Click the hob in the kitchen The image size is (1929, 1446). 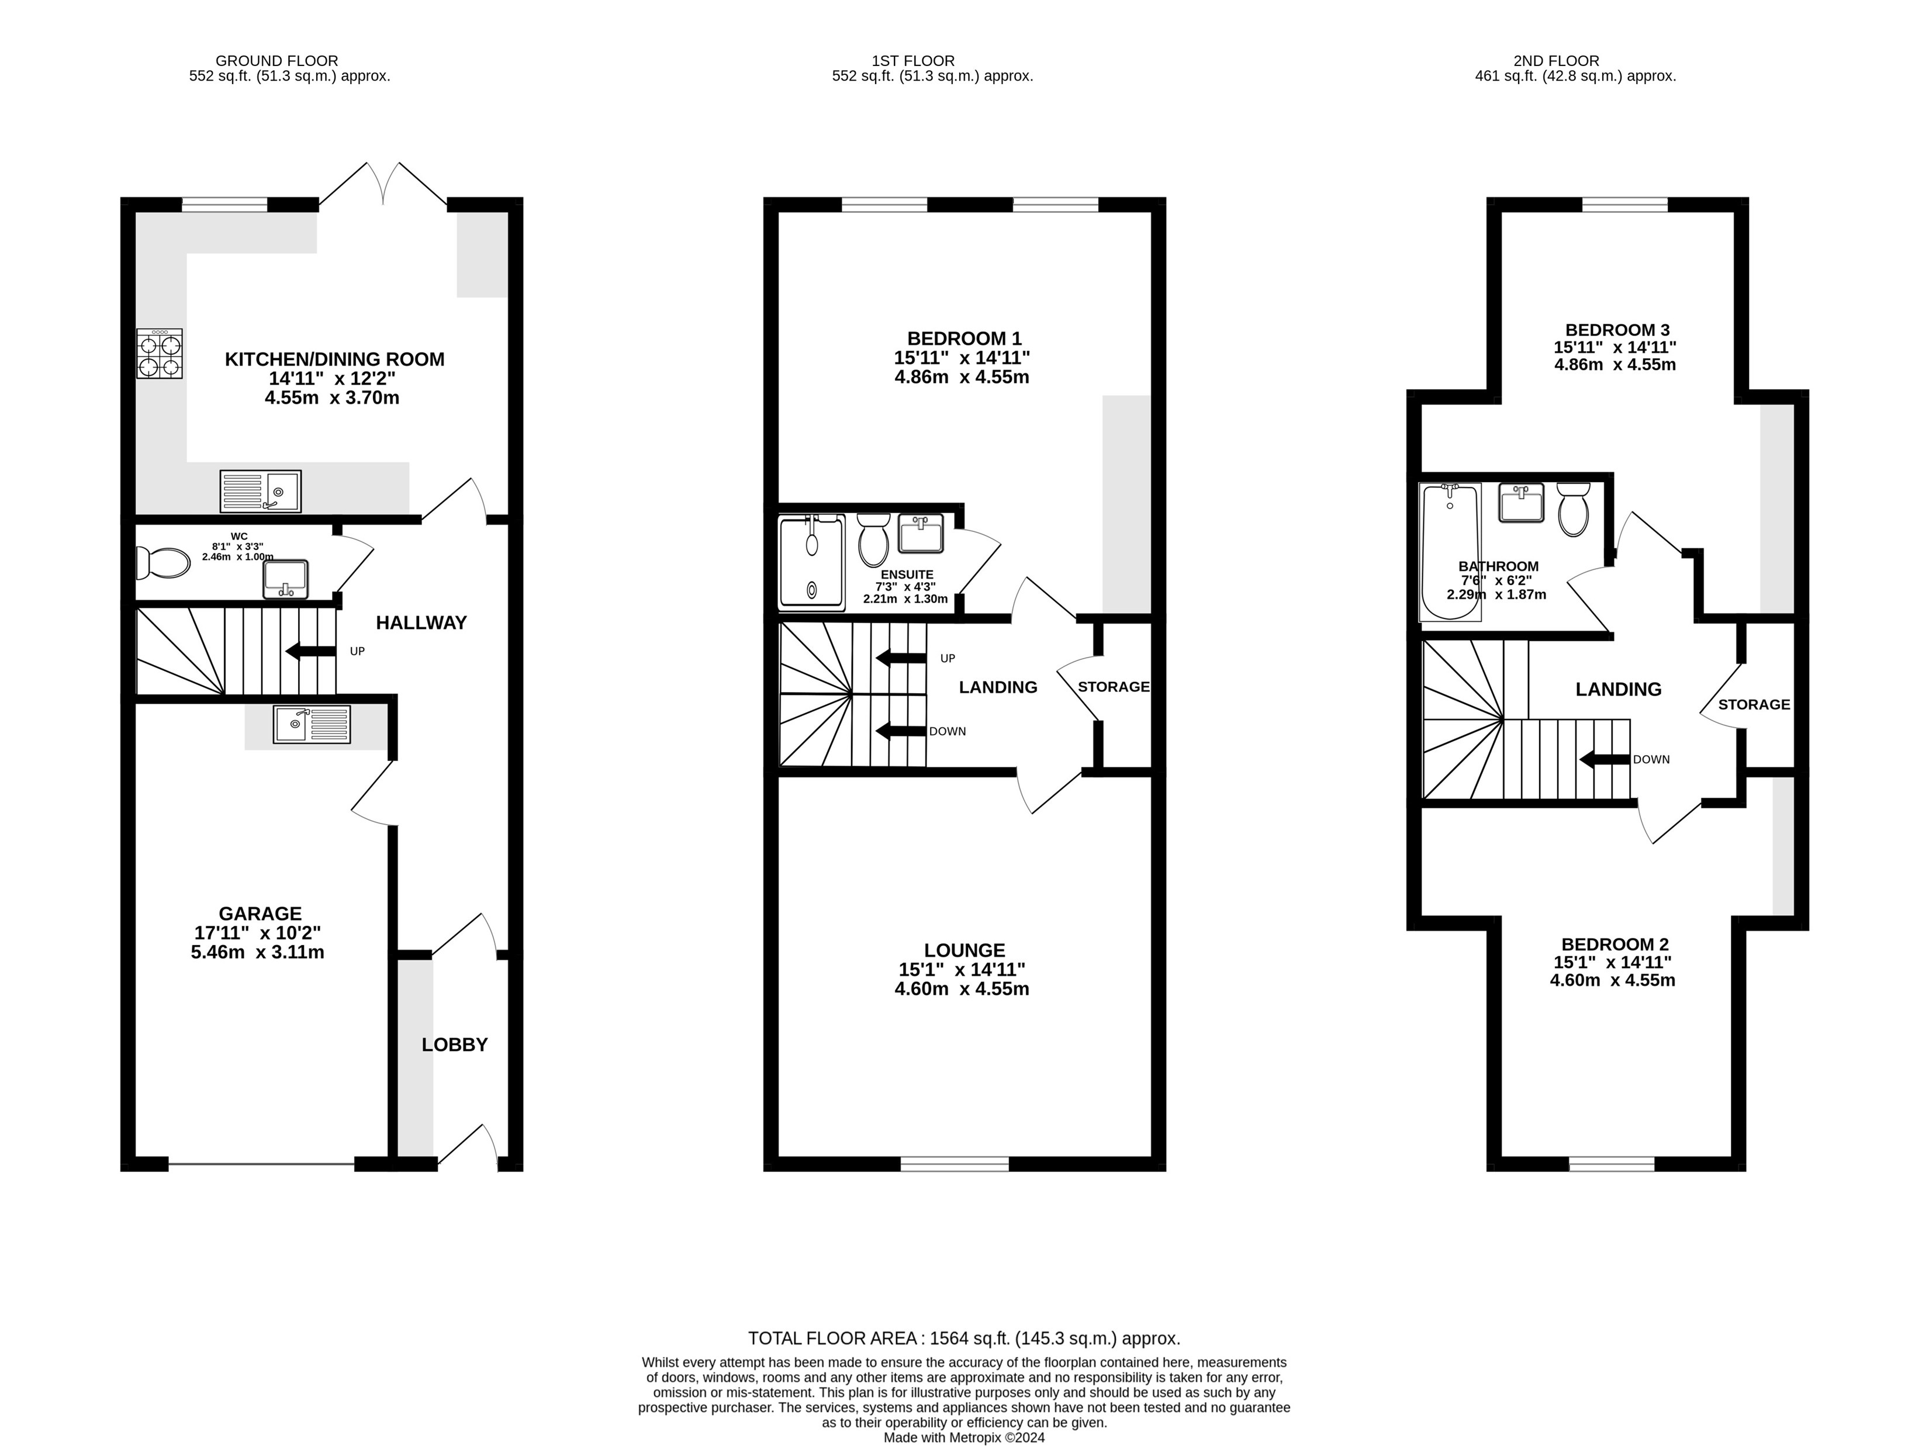coord(160,353)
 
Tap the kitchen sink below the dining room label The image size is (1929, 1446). coord(261,491)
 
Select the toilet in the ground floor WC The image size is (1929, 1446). coord(163,563)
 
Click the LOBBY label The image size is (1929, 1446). coord(454,1045)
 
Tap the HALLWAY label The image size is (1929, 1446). coord(421,622)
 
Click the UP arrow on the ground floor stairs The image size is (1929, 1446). coord(310,651)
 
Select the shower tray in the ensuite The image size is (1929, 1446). coord(812,562)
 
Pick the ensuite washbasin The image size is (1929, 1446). coord(921,534)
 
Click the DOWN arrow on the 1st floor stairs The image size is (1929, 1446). coord(901,731)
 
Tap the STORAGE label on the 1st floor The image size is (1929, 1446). coord(1114,687)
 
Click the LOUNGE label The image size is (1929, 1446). coord(965,950)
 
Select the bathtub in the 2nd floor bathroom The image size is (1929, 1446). coord(1450,552)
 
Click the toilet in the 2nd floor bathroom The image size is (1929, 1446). coord(1573,509)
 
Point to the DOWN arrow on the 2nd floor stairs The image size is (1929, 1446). coord(1605,760)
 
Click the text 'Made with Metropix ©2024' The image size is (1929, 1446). coord(965,1437)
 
